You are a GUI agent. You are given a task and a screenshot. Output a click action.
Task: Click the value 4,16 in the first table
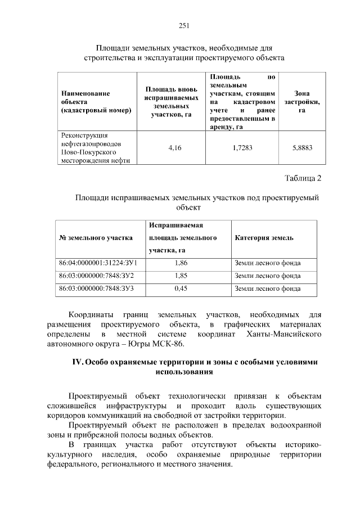pos(175,148)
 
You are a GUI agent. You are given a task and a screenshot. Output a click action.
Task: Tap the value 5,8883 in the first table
pos(302,148)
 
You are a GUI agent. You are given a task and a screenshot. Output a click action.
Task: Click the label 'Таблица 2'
pos(303,179)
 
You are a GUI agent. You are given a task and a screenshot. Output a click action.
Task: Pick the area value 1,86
pos(181,263)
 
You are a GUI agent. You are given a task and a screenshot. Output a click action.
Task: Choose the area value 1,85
pos(181,276)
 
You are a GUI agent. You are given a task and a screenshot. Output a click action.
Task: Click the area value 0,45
pos(181,289)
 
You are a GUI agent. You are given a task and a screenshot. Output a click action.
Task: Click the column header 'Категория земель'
pos(264,238)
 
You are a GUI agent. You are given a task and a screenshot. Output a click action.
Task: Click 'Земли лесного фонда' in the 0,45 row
pos(268,289)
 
